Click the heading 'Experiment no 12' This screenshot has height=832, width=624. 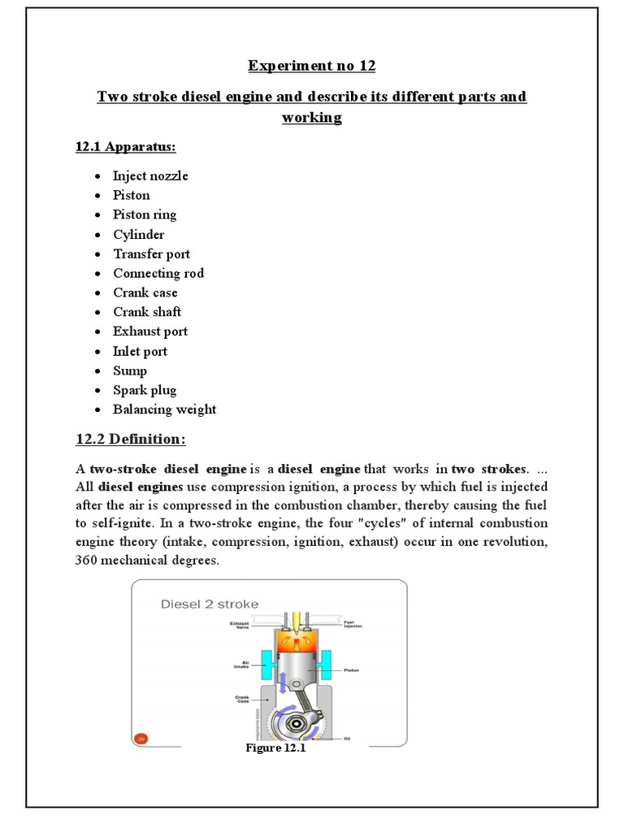click(x=311, y=66)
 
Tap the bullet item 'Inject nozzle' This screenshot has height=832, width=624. click(x=150, y=175)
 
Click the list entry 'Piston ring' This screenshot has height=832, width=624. click(x=145, y=214)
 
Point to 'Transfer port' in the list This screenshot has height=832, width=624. click(x=151, y=253)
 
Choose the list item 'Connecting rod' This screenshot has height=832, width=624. click(x=158, y=273)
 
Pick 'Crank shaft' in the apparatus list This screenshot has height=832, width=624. click(x=147, y=312)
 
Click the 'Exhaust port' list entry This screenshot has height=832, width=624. click(x=150, y=331)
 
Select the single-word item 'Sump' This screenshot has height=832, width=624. click(x=130, y=370)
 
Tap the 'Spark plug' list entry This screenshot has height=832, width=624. click(x=145, y=390)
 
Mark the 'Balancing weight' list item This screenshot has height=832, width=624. click(x=164, y=409)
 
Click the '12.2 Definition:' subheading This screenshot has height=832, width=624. click(x=130, y=440)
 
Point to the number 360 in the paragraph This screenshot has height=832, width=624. click(x=88, y=560)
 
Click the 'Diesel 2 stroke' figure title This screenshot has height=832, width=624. click(x=210, y=604)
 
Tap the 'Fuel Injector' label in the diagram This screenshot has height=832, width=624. click(x=353, y=624)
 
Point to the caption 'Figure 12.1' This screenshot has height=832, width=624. click(x=275, y=748)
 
